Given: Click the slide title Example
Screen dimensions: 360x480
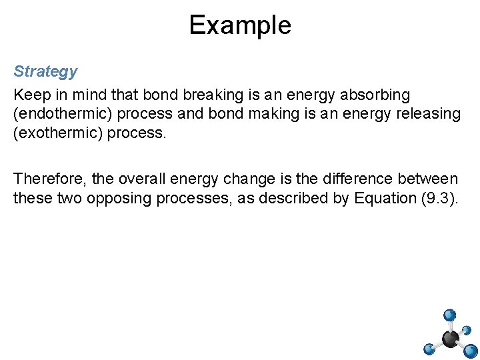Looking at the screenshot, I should tap(240, 25).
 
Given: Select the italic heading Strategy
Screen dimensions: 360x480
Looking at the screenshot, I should tap(45, 71).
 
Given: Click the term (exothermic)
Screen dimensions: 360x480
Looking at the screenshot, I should tap(56, 133).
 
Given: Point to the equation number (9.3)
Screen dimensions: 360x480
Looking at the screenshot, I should tap(440, 198).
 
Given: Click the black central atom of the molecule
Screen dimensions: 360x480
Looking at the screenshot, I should tap(451, 339).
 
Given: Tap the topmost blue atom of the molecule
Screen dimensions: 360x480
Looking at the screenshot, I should tap(450, 315).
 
